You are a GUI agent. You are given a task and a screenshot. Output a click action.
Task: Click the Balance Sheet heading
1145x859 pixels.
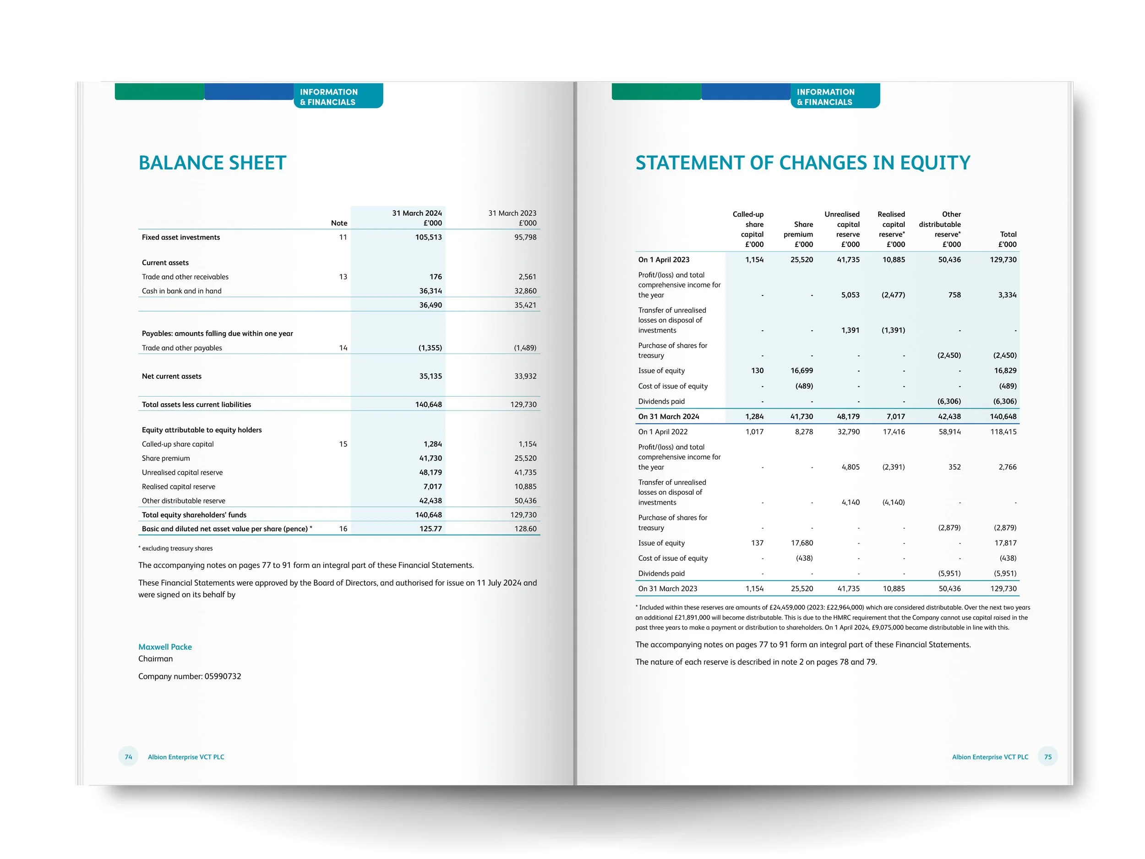click(x=212, y=163)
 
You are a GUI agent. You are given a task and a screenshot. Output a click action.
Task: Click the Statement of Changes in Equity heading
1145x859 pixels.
click(x=802, y=163)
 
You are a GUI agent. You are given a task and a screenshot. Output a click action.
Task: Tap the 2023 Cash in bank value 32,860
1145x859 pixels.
click(x=525, y=291)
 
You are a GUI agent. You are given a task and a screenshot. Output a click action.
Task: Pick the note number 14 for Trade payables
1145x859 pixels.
click(x=343, y=348)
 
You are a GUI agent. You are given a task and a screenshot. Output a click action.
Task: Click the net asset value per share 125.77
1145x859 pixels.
click(x=430, y=529)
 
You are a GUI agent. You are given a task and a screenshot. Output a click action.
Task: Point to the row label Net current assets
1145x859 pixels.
click(x=171, y=377)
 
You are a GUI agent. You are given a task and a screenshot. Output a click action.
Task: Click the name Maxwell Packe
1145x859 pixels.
click(x=165, y=647)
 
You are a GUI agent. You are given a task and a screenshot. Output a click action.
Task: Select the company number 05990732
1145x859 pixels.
click(x=223, y=676)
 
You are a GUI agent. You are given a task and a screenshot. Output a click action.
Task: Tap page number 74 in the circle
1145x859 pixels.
click(x=128, y=757)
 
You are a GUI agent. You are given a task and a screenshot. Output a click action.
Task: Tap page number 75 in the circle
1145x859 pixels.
click(x=1048, y=757)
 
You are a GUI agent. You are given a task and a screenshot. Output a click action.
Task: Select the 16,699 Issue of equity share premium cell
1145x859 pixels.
click(x=801, y=371)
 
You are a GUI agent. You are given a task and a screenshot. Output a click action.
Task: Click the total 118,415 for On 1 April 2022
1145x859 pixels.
click(x=1003, y=432)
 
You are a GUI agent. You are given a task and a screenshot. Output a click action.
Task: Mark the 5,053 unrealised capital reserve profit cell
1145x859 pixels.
click(x=850, y=295)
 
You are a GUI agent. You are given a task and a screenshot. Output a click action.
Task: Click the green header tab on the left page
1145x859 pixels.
click(x=159, y=92)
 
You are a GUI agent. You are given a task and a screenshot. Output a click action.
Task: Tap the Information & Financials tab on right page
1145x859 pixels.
click(x=835, y=96)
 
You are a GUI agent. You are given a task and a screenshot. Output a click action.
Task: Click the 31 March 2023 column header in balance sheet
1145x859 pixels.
click(x=512, y=218)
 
